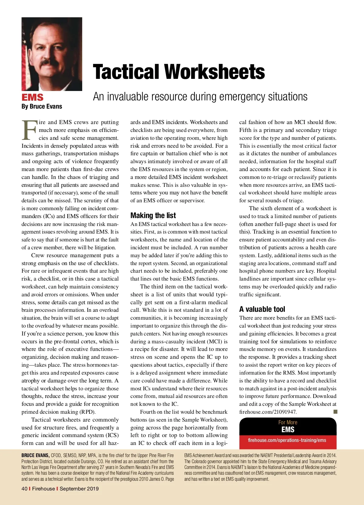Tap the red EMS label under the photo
pyautogui.click(x=32, y=97)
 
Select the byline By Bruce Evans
pyautogui.click(x=42, y=106)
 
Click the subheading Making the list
pyautogui.click(x=153, y=215)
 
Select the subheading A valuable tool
pyautogui.click(x=262, y=309)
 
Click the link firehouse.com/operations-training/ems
pyautogui.click(x=287, y=440)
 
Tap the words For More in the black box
pyautogui.click(x=288, y=422)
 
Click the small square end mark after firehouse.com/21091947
pyautogui.click(x=335, y=412)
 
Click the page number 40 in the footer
pyautogui.click(x=24, y=489)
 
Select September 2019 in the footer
pyautogui.click(x=79, y=489)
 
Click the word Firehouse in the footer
pyautogui.click(x=43, y=489)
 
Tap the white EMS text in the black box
pyautogui.click(x=288, y=429)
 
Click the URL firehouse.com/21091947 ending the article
pyautogui.click(x=268, y=412)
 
